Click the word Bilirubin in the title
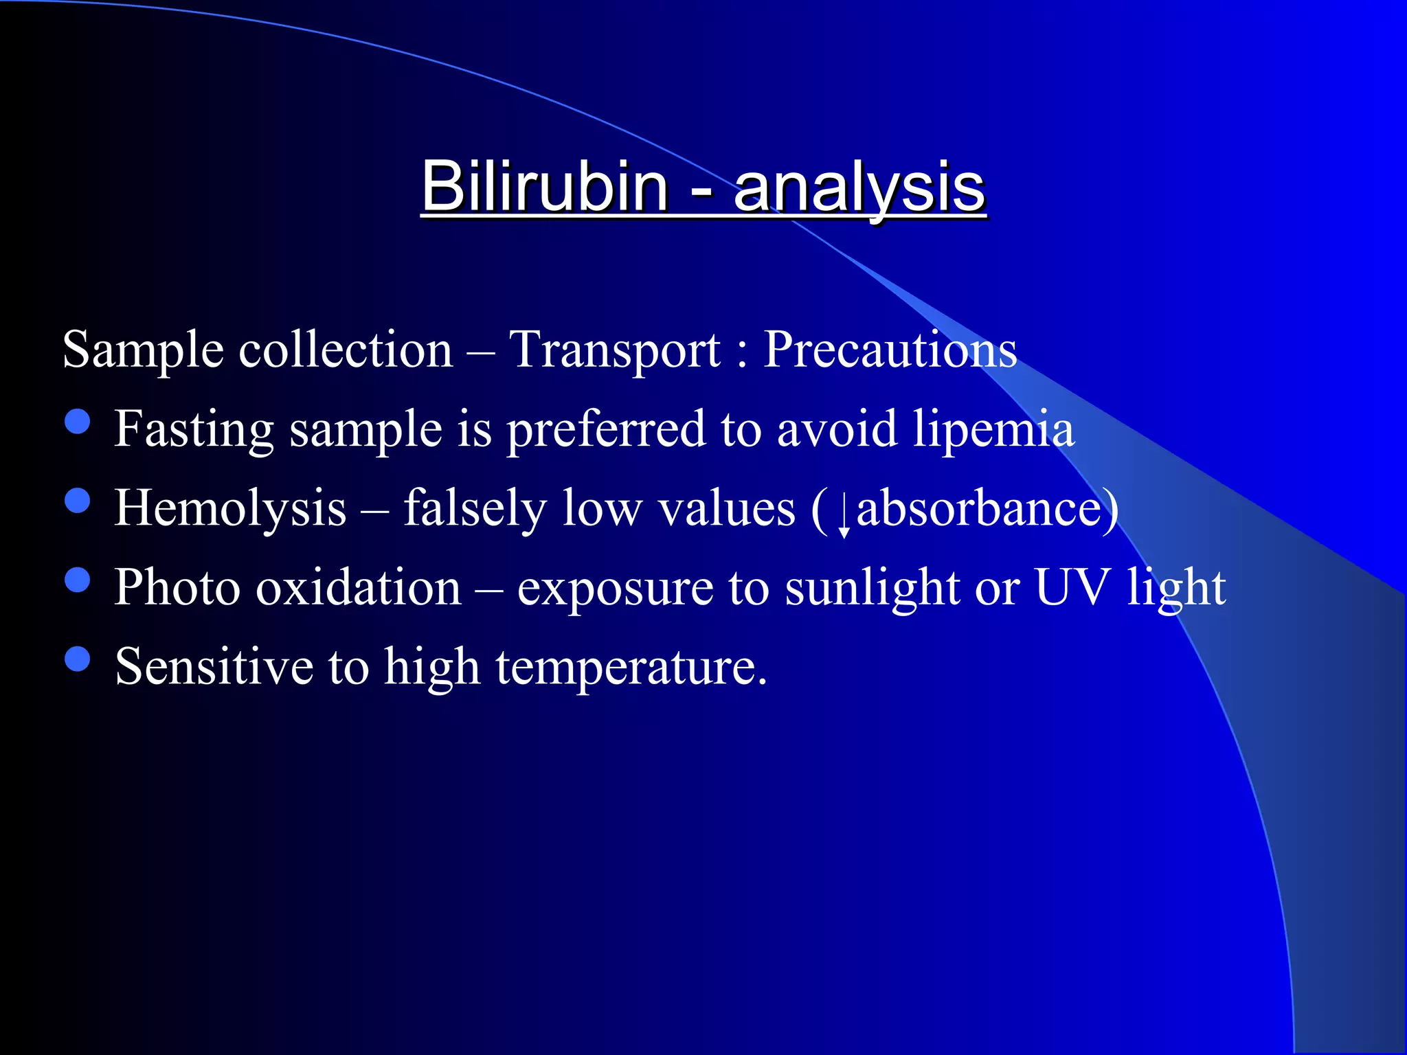pos(545,187)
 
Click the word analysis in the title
pos(859,189)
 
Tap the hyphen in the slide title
pos(701,190)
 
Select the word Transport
pos(615,350)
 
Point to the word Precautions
pos(890,350)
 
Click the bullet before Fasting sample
pos(78,422)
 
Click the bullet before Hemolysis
pos(78,501)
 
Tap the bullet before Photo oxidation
pos(78,580)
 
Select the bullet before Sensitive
pos(78,659)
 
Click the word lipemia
pos(993,430)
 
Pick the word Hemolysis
pos(230,509)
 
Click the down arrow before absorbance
pos(844,515)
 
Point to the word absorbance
pos(980,509)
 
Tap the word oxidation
pos(358,588)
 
